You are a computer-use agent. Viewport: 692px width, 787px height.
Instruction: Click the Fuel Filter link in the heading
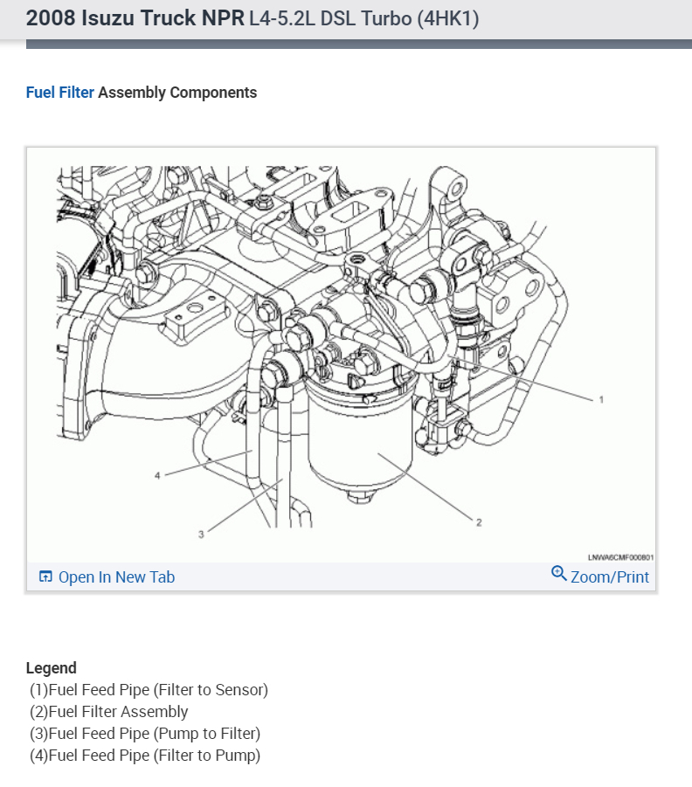[59, 93]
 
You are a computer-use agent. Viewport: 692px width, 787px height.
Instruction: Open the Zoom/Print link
[609, 576]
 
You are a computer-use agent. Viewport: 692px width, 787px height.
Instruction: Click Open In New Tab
[116, 576]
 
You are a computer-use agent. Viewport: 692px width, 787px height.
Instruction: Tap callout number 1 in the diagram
[601, 399]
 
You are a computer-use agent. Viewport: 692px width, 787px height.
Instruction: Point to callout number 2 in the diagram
[478, 522]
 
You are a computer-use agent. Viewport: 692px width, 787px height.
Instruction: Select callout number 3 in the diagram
[200, 534]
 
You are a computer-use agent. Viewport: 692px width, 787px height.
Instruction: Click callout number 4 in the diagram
[157, 476]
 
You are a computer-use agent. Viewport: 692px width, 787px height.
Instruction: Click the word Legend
[51, 668]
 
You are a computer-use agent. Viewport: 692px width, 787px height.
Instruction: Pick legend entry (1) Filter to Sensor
[149, 690]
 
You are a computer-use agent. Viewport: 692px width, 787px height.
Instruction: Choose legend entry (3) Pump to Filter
[145, 734]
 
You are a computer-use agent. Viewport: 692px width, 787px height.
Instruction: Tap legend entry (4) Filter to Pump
[145, 756]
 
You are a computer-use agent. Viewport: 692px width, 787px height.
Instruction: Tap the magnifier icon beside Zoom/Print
[559, 574]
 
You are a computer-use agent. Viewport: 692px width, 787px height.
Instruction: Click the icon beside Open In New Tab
[46, 577]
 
